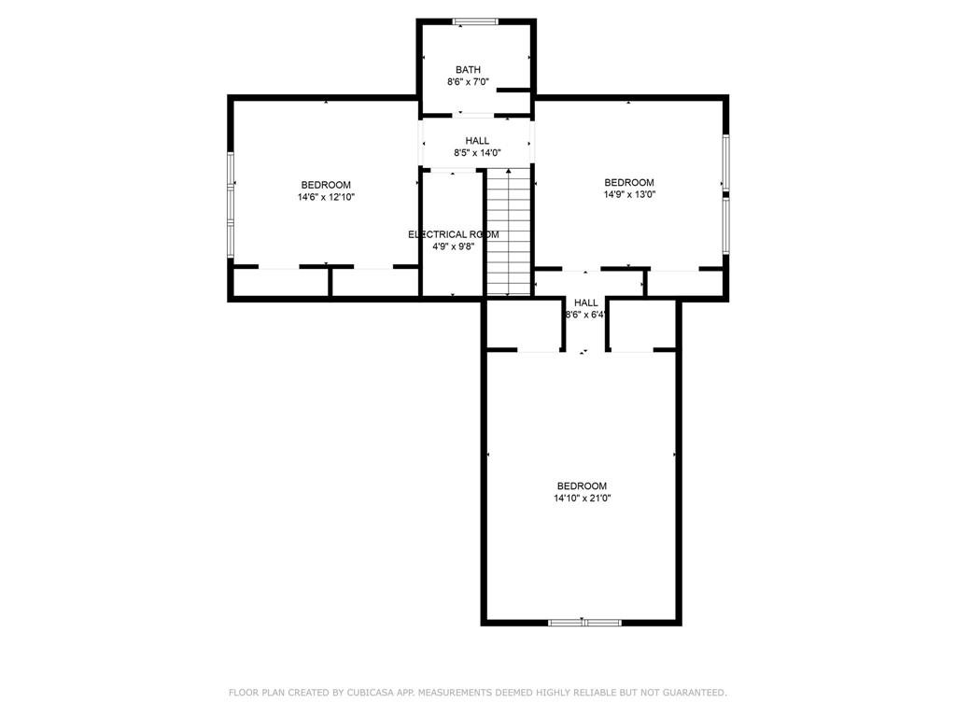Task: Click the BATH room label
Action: (468, 69)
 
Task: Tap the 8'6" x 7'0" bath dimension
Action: (468, 82)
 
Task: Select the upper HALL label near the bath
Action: (477, 141)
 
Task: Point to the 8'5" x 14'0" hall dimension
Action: (477, 153)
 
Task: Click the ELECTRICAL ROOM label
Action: (453, 234)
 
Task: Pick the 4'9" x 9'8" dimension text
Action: (453, 246)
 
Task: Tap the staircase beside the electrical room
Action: (509, 232)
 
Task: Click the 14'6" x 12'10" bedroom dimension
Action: (326, 198)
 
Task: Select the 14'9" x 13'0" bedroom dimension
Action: (629, 195)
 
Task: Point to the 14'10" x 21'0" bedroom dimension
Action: (583, 499)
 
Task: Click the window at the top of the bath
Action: (475, 22)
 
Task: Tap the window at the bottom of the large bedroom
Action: (584, 623)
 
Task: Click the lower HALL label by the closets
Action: (586, 303)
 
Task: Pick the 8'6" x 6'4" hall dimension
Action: (586, 316)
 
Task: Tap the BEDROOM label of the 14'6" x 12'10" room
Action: (326, 186)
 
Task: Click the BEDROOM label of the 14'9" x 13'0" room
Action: (629, 183)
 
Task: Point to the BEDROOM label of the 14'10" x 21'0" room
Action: (583, 485)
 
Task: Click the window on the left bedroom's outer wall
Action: (232, 204)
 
